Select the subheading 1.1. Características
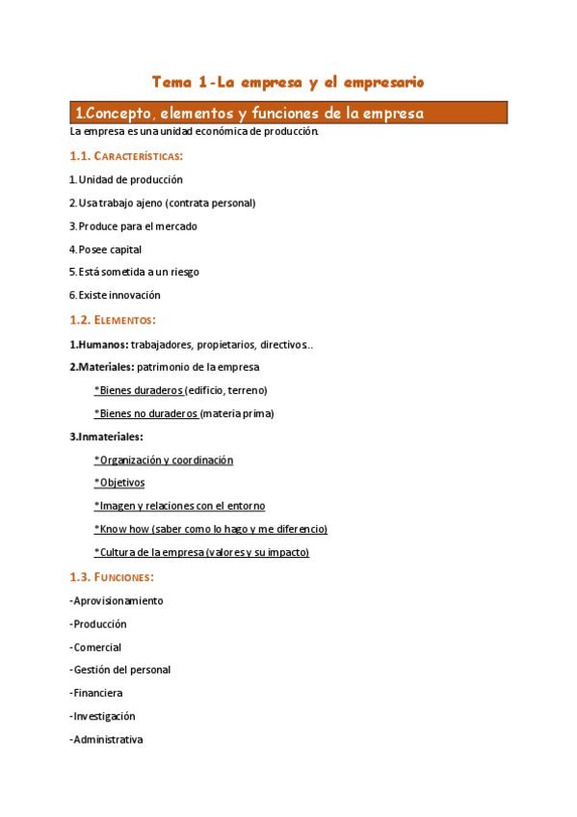pos(126,156)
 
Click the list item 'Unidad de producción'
pos(130,180)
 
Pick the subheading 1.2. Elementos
pos(113,320)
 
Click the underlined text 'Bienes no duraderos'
pos(147,413)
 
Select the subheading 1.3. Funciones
pos(111,577)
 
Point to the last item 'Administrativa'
pos(107,740)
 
